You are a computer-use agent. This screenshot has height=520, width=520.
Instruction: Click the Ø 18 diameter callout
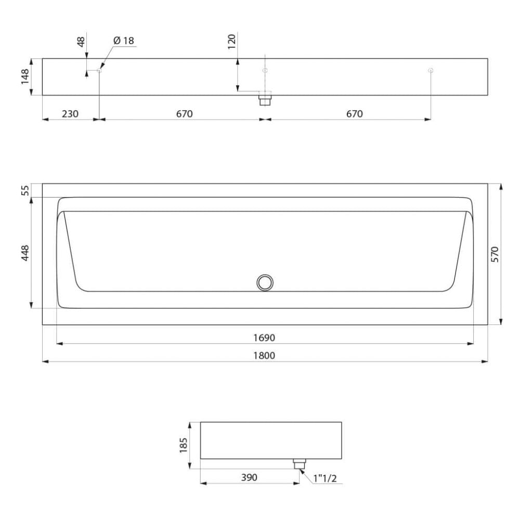click(124, 41)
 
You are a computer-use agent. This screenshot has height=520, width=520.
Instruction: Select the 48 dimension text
click(81, 42)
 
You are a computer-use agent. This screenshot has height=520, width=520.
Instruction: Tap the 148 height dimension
click(25, 76)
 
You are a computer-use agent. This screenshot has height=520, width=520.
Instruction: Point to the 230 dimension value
click(70, 114)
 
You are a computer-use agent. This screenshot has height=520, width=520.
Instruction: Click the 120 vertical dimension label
click(231, 42)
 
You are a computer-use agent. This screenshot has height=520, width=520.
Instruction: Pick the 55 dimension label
click(25, 190)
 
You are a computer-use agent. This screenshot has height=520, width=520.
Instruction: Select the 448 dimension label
click(25, 253)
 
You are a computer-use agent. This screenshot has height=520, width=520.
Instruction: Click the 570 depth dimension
click(495, 254)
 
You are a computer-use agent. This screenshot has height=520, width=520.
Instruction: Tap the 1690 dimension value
click(264, 337)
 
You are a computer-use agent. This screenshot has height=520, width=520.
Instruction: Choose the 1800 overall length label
click(264, 356)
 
